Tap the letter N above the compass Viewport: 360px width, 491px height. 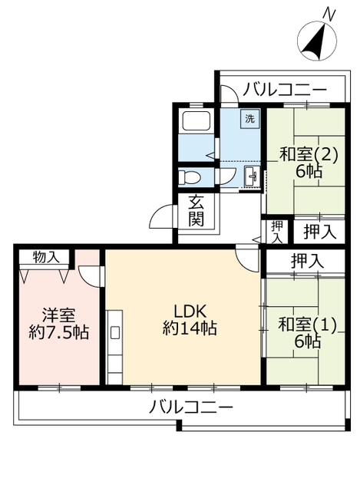point(329,13)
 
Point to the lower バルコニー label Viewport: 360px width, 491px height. point(191,407)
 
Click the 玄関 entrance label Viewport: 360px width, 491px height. point(197,210)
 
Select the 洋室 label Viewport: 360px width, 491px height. point(58,315)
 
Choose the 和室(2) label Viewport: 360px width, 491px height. point(302,154)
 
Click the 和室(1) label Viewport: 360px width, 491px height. point(303,325)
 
